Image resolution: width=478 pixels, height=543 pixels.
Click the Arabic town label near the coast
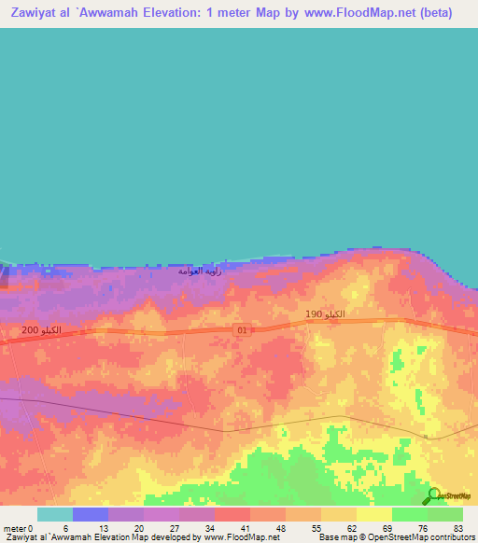coord(202,271)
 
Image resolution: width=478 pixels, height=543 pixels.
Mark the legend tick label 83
coord(458,527)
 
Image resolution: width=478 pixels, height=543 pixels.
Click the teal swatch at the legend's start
coord(55,514)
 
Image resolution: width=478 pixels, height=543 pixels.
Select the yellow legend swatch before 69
coord(373,514)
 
